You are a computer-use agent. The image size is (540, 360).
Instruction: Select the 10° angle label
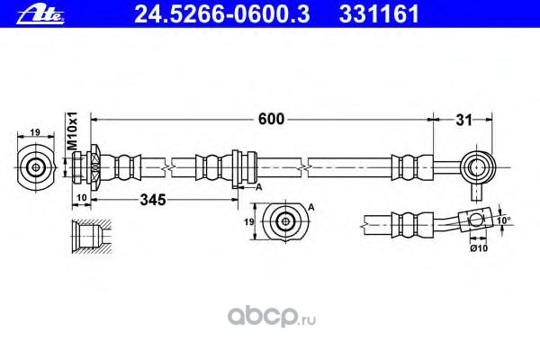point(503,219)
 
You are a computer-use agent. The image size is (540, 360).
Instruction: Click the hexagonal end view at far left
point(36,166)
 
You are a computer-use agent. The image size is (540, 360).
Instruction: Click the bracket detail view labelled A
point(284,220)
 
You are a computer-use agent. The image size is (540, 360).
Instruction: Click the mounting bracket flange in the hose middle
point(236,167)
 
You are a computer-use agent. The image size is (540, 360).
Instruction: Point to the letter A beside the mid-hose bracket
point(257,186)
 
